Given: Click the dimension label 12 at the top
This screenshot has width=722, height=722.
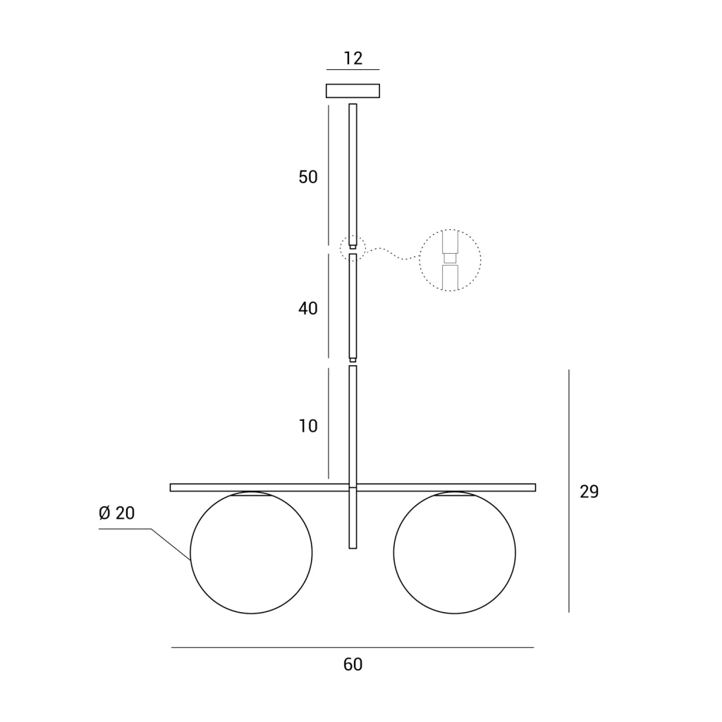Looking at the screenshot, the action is point(353,59).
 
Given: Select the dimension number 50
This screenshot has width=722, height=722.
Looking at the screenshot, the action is point(308,177).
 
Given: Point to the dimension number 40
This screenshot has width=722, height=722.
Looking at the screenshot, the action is point(308,309).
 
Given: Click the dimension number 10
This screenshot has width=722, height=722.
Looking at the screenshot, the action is point(308,427).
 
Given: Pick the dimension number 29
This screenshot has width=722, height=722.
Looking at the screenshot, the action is point(589,492).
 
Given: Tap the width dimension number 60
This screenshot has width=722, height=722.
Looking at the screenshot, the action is point(353,664).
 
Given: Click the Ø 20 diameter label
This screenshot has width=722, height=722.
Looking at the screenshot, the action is point(117,513).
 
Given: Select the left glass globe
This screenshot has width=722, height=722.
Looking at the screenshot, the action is point(190,553).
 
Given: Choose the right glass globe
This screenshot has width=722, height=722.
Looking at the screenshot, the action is point(393,553).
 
